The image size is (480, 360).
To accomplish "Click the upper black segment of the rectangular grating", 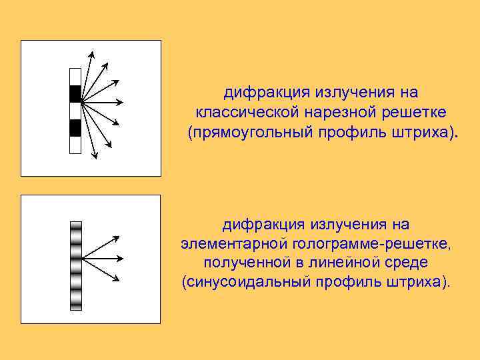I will pos(75,93).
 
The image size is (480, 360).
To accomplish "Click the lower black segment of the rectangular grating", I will pos(75,127).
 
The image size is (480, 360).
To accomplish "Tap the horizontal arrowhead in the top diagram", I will pos(120,102).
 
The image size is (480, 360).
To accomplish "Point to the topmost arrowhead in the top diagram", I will pos(92,53).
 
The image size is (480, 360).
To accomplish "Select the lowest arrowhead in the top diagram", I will pos(96,156).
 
